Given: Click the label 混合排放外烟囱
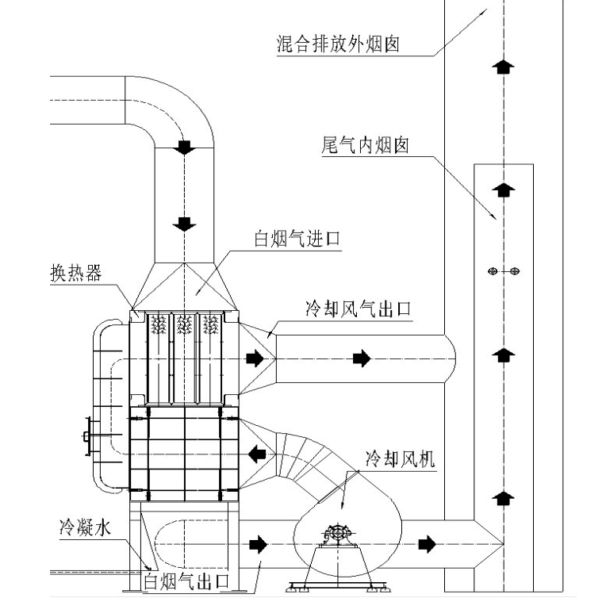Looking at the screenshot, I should point(337,44).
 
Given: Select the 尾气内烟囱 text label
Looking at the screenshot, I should point(365,146).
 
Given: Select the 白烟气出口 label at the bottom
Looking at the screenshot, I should point(186,581).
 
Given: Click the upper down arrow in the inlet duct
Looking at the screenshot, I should point(186,148).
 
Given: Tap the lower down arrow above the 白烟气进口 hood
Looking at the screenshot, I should point(186,223).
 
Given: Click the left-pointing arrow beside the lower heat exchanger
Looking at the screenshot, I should point(256,454).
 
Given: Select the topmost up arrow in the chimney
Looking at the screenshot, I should point(500,66).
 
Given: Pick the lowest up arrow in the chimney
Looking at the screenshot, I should point(500,499).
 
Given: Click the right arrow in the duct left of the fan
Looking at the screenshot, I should point(257,544).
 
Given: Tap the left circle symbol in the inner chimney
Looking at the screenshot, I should point(492,272).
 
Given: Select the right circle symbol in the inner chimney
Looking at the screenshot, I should point(515,272).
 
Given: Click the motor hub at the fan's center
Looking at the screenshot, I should point(339,535).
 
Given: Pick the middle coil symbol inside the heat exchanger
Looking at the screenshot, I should point(185,324).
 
